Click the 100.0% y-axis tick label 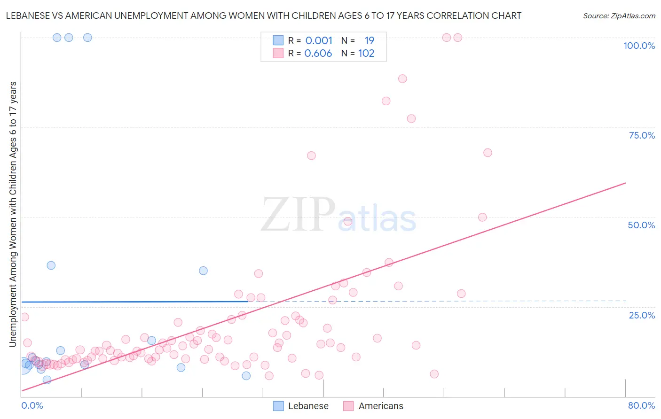639,46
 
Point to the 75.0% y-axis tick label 642,135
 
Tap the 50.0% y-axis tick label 641,225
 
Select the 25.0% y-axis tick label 642,315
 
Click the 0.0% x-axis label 32,405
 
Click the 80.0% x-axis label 641,405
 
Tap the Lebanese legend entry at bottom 308,406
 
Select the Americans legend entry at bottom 380,406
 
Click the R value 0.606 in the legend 318,54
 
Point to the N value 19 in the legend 369,41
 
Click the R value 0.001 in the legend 319,41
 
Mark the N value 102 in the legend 366,54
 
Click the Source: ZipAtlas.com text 619,16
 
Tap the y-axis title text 13,214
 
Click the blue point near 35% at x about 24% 203,271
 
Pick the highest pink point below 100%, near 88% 402,78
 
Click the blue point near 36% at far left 51,265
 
